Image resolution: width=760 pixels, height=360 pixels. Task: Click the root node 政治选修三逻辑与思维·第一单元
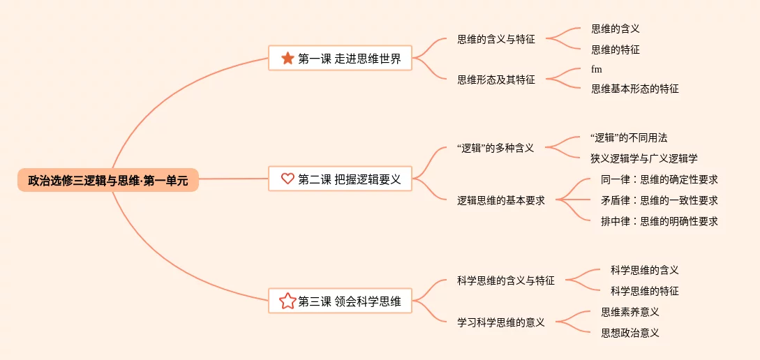[108, 179]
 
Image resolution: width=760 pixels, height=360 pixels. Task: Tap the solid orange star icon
[288, 59]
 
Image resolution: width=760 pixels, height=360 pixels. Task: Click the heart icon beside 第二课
[288, 179]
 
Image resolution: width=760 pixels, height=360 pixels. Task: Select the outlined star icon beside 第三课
[288, 301]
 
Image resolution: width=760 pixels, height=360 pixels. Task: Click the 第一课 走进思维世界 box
[340, 59]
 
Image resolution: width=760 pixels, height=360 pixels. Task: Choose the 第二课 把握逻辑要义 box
[340, 179]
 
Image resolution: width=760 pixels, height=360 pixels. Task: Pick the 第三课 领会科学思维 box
[340, 301]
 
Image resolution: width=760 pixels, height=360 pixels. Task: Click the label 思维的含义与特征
[496, 39]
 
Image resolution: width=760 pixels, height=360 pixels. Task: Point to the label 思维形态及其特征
[496, 80]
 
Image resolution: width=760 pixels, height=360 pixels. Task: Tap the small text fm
[596, 69]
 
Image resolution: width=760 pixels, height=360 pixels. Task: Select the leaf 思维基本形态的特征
[634, 89]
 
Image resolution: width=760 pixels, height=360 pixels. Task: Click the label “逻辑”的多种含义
[495, 148]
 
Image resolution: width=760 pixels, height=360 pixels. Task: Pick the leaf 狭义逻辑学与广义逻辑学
[643, 158]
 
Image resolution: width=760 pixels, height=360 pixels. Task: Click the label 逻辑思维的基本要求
[501, 200]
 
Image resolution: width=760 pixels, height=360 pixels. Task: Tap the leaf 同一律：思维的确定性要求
[659, 179]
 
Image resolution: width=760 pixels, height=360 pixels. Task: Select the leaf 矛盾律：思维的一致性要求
[659, 200]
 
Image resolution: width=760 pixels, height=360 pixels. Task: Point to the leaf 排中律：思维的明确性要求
[659, 221]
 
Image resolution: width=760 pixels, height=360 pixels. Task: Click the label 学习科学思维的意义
[501, 322]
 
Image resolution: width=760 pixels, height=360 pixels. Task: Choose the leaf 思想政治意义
[630, 333]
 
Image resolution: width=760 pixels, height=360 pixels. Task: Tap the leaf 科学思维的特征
[644, 291]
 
